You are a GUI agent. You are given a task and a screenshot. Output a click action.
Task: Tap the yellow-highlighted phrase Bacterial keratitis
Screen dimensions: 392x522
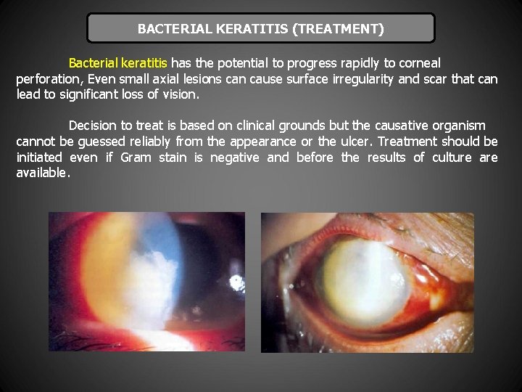pyautogui.click(x=118, y=63)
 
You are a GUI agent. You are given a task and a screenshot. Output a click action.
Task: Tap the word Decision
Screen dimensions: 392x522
pyautogui.click(x=95, y=126)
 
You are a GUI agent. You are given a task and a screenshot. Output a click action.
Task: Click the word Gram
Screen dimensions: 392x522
pyautogui.click(x=136, y=158)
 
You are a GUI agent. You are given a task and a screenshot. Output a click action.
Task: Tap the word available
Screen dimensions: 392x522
pyautogui.click(x=43, y=173)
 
